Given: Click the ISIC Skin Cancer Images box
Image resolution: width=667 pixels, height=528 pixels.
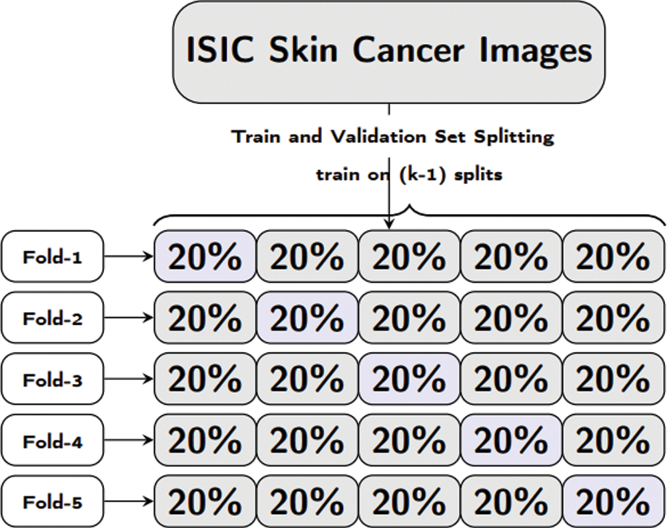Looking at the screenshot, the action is (388, 52).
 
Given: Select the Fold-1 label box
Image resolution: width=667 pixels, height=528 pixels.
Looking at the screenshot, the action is (52, 257).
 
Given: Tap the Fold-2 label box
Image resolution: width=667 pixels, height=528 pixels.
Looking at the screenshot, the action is (52, 317).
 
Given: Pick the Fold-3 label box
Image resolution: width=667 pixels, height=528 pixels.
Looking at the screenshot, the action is (52, 379).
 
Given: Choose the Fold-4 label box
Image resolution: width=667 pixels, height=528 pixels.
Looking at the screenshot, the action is (52, 440).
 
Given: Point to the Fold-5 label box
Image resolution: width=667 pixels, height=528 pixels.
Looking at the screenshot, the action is (52, 501).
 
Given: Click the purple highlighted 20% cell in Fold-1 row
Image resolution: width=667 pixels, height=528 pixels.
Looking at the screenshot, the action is (205, 257).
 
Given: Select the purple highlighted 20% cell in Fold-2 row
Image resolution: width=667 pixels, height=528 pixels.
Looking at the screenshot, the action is (307, 317).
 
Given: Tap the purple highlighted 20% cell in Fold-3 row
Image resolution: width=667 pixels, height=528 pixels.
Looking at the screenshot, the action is (410, 379).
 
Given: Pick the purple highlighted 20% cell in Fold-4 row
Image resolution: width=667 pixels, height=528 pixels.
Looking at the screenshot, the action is (512, 440).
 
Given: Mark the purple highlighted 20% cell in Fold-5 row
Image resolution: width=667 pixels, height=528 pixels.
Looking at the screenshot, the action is (614, 501).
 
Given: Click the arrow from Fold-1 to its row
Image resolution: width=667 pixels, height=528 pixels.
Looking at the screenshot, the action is (128, 257).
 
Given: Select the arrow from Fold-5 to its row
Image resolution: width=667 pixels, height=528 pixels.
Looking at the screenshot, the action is (128, 501).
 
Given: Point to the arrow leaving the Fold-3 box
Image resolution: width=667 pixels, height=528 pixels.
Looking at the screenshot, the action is (128, 379).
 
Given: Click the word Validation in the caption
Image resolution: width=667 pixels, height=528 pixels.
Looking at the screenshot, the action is (378, 137).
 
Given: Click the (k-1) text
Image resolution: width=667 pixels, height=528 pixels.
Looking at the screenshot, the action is (424, 174).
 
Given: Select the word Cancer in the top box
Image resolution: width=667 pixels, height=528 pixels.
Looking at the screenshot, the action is (408, 50).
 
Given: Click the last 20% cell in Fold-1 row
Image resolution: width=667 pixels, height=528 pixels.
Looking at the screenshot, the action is (614, 257).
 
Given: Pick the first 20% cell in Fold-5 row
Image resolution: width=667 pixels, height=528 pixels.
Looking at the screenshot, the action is (205, 501).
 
